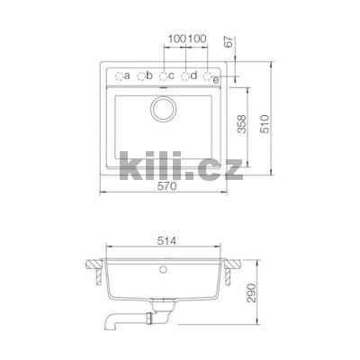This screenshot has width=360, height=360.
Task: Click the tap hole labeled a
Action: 119,76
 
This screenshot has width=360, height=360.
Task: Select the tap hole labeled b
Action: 141,76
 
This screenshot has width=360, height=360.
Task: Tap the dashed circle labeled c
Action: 163,76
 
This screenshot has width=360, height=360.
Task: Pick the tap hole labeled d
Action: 185,76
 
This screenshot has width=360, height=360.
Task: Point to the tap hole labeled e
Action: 207,76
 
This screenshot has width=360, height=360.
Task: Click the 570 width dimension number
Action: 167,186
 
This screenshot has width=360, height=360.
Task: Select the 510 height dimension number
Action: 265,124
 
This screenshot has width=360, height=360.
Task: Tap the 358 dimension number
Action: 241,124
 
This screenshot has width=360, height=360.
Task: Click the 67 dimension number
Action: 229,42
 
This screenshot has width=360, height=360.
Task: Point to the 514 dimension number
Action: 166,240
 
